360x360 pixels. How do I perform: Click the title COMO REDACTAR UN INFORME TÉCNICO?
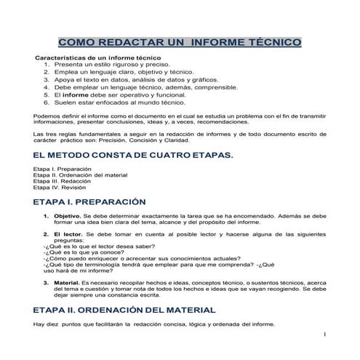tap(179, 43)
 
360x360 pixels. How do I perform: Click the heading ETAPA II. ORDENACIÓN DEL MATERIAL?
tap(124, 309)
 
